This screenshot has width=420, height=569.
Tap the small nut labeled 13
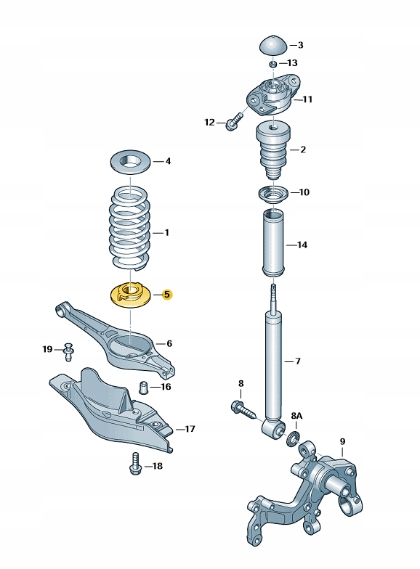pos(273,64)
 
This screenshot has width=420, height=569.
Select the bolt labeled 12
pos(234,122)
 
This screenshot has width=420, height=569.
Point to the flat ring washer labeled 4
pos(131,161)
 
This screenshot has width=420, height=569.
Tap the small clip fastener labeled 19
pos(68,351)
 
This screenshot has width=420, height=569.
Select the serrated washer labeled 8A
pos(294,439)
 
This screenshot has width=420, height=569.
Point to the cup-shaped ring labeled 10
pos(273,195)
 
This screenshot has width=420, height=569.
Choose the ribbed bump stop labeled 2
pos(273,151)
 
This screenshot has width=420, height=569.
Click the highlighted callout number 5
pos(167,295)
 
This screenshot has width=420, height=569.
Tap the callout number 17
pos(190,429)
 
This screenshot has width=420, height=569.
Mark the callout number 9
pos(342,441)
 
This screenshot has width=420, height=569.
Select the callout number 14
pos(302,245)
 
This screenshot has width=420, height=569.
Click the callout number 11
pos(307,99)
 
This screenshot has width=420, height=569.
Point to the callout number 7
pos(298,361)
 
